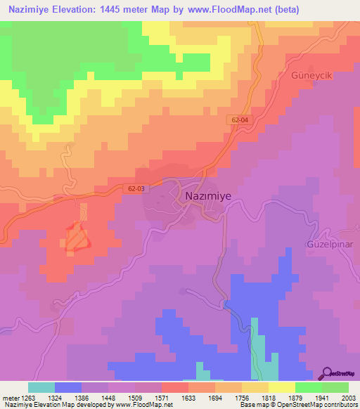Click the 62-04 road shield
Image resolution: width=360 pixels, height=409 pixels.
click(x=239, y=121)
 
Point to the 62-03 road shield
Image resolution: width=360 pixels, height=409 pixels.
click(x=139, y=188)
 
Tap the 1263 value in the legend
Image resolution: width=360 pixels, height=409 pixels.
click(x=27, y=397)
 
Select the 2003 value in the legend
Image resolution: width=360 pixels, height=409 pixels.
click(x=349, y=397)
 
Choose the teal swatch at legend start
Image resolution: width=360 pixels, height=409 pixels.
click(x=41, y=387)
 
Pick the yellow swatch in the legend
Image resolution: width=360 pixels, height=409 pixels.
click(x=281, y=387)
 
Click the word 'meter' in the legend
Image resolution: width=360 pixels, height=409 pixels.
click(x=9, y=397)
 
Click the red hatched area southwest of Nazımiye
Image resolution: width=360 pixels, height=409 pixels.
click(x=78, y=238)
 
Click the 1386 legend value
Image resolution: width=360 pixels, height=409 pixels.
click(x=81, y=397)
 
